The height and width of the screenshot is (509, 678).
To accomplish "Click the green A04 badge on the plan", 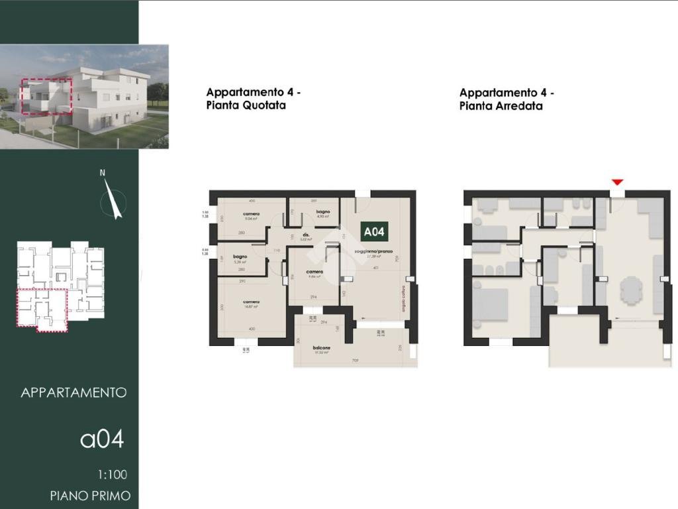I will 373,231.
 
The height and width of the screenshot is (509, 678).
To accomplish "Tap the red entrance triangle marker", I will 617,182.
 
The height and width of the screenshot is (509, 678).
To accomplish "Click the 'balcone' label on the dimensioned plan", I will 322,347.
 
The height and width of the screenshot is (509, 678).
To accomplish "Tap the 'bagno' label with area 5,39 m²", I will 240,256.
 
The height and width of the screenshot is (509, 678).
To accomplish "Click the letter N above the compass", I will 103,173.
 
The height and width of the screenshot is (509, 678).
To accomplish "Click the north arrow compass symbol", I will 113,200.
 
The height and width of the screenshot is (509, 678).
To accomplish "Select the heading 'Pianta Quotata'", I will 246,105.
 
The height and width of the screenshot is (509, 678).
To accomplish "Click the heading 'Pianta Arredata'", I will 501,106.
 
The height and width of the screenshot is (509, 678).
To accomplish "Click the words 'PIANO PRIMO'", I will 90,496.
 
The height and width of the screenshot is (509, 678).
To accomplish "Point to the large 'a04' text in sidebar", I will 102,439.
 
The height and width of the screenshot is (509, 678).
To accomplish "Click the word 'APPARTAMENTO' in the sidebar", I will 73,392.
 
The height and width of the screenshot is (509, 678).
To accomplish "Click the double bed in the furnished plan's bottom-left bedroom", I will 490,304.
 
